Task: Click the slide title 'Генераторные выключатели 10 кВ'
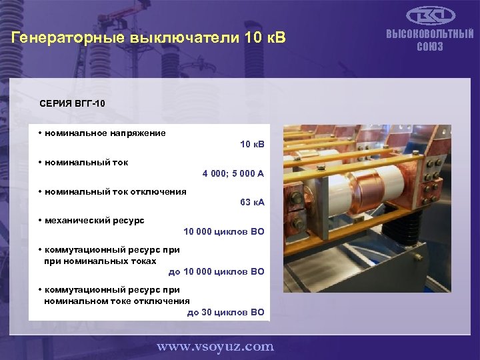pos(148,38)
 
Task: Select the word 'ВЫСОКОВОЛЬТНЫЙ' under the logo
pos(430,34)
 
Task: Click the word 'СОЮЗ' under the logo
pos(430,47)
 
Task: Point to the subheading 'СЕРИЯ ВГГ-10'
pos(72,104)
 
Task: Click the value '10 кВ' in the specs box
pos(252,144)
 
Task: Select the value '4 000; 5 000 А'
pos(233,173)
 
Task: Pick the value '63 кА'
pos(252,202)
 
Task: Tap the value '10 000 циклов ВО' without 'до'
pos(224,231)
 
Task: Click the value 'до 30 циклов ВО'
pos(225,312)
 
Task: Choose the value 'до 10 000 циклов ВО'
pos(216,271)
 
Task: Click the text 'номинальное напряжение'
pos(105,133)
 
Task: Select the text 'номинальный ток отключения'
pos(115,191)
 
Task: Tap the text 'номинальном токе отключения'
pos(117,301)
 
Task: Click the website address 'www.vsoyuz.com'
pos(215,346)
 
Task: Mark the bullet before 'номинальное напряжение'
pos(41,133)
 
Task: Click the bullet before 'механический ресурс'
pos(41,220)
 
